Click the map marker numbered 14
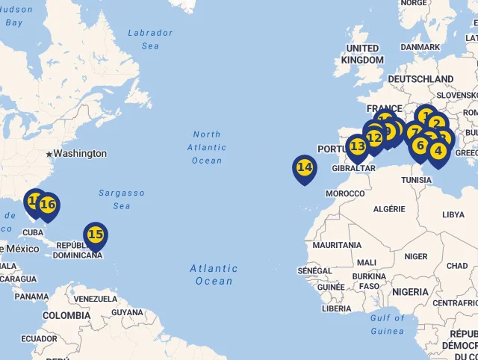pyautogui.click(x=304, y=167)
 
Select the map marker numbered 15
pyautogui.click(x=95, y=235)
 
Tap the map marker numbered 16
pyautogui.click(x=48, y=205)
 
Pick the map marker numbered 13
pyautogui.click(x=358, y=146)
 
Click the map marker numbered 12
pyautogui.click(x=374, y=137)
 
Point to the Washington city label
pyautogui.click(x=80, y=153)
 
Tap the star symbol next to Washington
pyautogui.click(x=49, y=154)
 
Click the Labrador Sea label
pyautogui.click(x=149, y=40)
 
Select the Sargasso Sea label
pyautogui.click(x=121, y=199)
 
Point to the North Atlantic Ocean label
pyautogui.click(x=206, y=147)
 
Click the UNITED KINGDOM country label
pyautogui.click(x=362, y=54)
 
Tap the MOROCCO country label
pyautogui.click(x=344, y=193)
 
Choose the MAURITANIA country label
pyautogui.click(x=337, y=245)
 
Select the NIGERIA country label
pyautogui.click(x=410, y=292)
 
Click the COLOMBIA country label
pyautogui.click(x=66, y=316)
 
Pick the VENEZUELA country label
pyautogui.click(x=96, y=299)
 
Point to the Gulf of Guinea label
pyautogui.click(x=386, y=324)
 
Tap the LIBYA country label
pyautogui.click(x=453, y=214)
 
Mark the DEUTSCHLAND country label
pyautogui.click(x=420, y=79)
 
